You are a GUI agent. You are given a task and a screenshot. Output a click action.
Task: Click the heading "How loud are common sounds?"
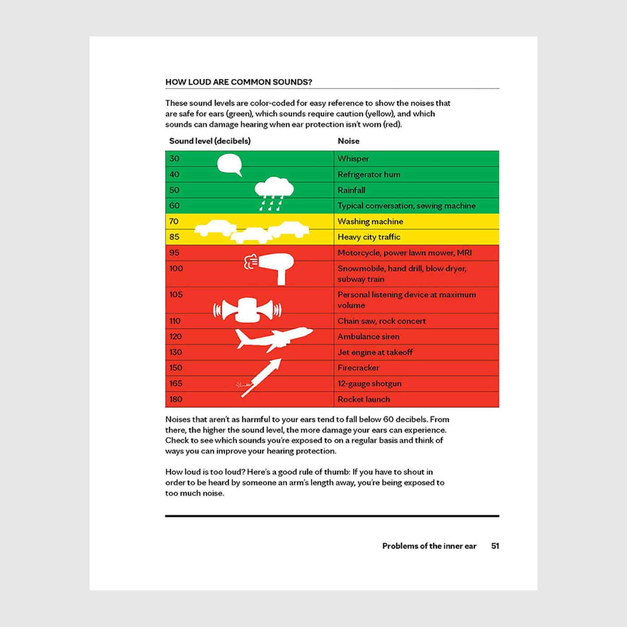[239, 82]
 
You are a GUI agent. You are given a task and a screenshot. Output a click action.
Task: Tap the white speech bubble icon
[229, 164]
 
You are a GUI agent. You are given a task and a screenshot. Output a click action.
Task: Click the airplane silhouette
[273, 339]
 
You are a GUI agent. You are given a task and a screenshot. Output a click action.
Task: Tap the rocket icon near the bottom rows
[262, 377]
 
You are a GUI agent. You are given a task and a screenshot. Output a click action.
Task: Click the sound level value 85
[174, 237]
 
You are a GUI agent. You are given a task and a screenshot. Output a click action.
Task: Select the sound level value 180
[176, 399]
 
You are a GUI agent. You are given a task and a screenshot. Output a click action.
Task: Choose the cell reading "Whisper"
[353, 159]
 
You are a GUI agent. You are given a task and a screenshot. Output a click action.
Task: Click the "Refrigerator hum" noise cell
[369, 174]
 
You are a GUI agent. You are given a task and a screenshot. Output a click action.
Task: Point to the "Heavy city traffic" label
[369, 237]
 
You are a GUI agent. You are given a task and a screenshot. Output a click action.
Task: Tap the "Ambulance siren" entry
[369, 336]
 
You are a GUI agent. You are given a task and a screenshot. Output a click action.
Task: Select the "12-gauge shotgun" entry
[369, 383]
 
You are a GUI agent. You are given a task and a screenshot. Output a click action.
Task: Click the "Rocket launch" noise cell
[364, 399]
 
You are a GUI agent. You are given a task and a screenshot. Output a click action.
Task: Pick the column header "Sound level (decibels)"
[210, 141]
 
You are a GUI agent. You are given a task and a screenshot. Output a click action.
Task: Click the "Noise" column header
[348, 141]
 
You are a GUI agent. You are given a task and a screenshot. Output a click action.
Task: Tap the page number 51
[495, 546]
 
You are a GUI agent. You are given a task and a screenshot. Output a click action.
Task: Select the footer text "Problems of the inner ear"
[429, 546]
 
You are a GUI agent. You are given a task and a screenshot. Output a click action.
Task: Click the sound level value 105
[176, 295]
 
